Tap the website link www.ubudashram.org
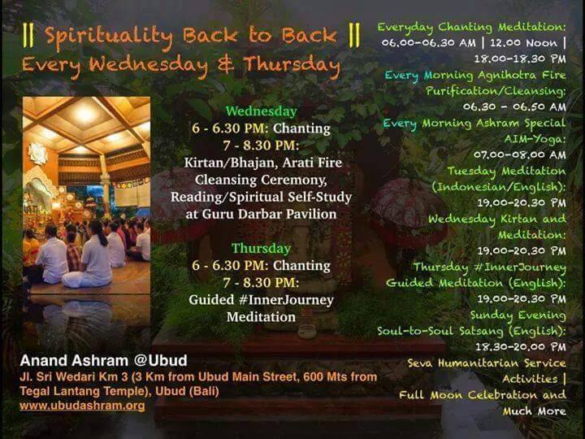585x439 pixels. (x=82, y=406)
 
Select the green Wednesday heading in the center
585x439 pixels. (x=261, y=111)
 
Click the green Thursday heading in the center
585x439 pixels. (x=261, y=249)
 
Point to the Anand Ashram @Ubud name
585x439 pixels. (x=103, y=361)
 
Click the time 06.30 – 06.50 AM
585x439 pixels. (x=514, y=106)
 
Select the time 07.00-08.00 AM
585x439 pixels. (x=520, y=154)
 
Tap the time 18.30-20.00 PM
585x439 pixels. (x=521, y=347)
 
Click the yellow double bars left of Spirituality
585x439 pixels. (x=28, y=36)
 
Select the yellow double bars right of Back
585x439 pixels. (x=354, y=36)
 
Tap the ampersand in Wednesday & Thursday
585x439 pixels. (x=226, y=63)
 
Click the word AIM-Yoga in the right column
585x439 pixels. (x=535, y=139)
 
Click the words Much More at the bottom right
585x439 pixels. (x=535, y=411)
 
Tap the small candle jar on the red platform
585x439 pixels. (x=306, y=331)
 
